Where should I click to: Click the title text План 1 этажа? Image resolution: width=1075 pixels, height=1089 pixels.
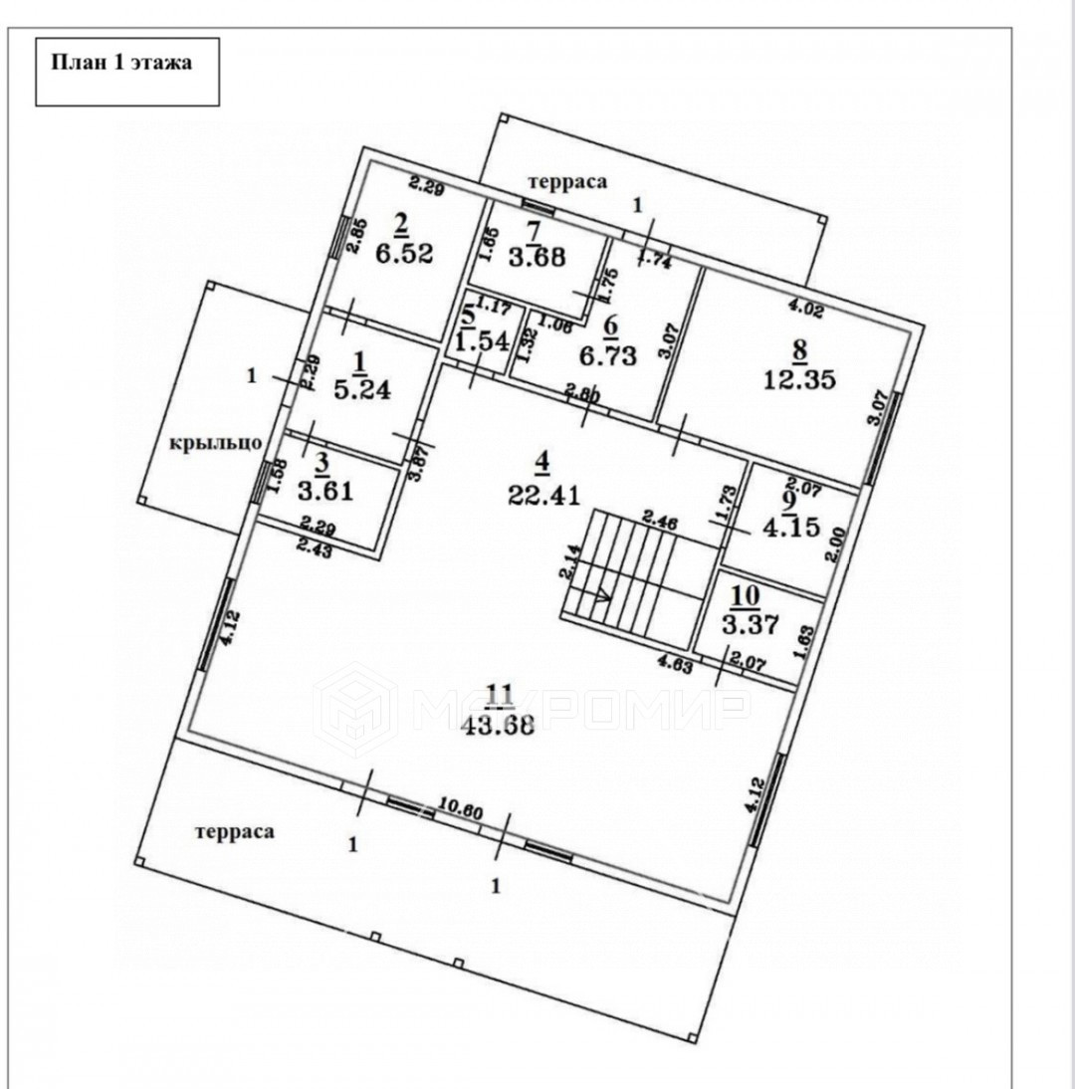[121, 61]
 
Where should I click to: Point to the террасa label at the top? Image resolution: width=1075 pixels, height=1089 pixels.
[567, 181]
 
